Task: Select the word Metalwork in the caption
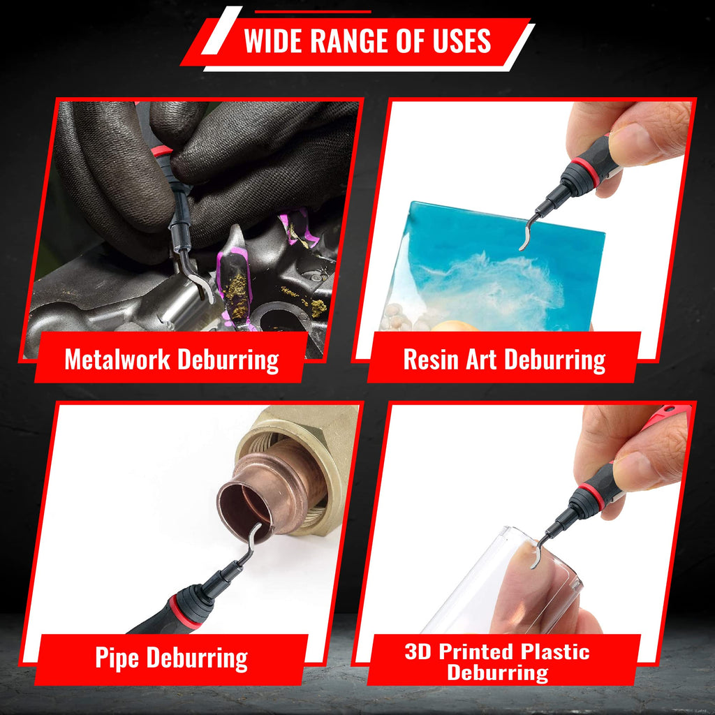(x=116, y=360)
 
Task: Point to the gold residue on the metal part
(x=237, y=290)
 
